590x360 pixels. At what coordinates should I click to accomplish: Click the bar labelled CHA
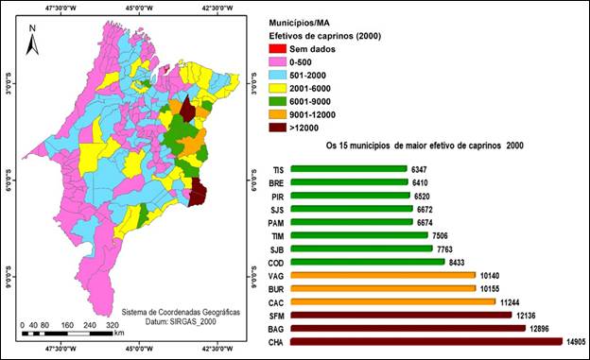coord(425,341)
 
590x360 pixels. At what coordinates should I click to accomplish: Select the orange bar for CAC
coord(392,301)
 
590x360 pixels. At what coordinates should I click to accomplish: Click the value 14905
coord(577,341)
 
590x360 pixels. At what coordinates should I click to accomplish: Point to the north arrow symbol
coord(32,38)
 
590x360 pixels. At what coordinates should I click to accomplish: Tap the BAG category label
coord(276,328)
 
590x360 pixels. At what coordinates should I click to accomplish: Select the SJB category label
coord(276,249)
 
